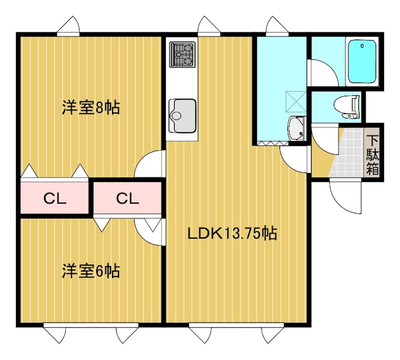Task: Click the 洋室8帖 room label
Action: click(91, 108)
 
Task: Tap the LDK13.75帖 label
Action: click(232, 233)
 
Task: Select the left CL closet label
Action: click(54, 198)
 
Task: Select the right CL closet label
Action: click(127, 198)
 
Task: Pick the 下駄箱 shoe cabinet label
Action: click(372, 153)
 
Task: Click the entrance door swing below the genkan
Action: click(345, 196)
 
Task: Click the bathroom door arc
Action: click(322, 73)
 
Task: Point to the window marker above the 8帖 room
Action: click(68, 26)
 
